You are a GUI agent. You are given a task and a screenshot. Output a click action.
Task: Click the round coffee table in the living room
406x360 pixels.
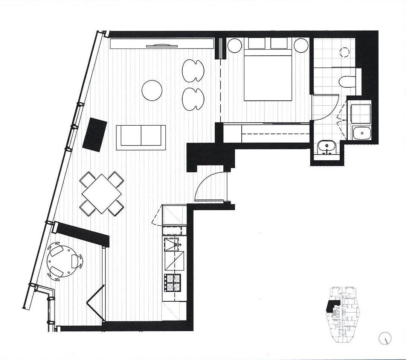pos(153,90)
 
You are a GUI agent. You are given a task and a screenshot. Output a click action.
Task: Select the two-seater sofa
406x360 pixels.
pos(141,137)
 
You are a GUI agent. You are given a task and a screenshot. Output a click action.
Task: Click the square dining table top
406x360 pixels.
pos(102,193)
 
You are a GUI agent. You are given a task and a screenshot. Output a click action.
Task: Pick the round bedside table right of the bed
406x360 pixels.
pos(301,46)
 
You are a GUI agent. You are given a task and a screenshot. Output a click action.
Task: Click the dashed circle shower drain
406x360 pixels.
pos(345,52)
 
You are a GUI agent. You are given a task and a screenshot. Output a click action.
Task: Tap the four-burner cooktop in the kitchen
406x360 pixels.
pos(172,283)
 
